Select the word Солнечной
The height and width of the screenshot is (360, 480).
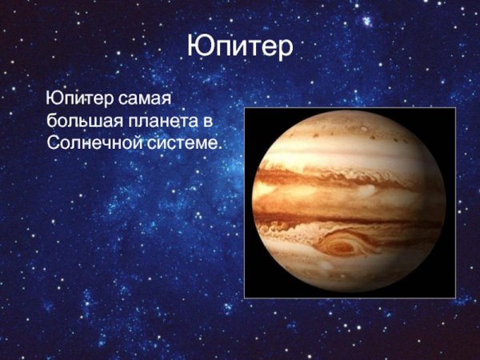[x=89, y=142]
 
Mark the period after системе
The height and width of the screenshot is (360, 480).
[x=218, y=147]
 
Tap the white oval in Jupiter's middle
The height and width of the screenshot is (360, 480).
[x=367, y=191]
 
